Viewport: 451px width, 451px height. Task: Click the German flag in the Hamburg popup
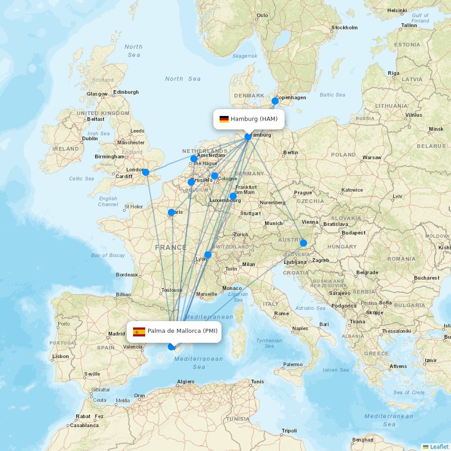pos(224,119)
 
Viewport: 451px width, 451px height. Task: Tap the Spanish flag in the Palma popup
pos(139,332)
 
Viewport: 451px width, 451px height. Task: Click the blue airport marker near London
pos(146,172)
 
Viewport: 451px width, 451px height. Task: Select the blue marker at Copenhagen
pos(275,101)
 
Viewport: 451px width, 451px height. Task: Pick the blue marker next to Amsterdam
pos(194,159)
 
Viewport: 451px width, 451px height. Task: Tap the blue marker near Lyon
pos(208,255)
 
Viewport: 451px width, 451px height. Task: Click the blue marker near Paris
pos(171,212)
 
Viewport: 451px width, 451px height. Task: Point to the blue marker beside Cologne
pos(215,176)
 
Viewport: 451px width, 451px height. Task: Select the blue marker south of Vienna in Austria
pos(304,243)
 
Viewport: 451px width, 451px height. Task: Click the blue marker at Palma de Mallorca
pos(171,347)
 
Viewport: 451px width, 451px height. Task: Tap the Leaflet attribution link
pos(439,446)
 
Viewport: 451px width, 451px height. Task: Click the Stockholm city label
pos(344,28)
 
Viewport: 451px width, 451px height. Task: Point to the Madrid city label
pos(116,334)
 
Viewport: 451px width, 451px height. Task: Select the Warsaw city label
pos(372,158)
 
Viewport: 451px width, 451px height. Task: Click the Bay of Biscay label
pos(108,255)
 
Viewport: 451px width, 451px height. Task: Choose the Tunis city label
pos(258,382)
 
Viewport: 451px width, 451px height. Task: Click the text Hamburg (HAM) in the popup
pos(254,119)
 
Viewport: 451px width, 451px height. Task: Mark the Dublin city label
pos(90,138)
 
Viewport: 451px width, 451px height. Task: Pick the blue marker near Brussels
pos(191,182)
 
